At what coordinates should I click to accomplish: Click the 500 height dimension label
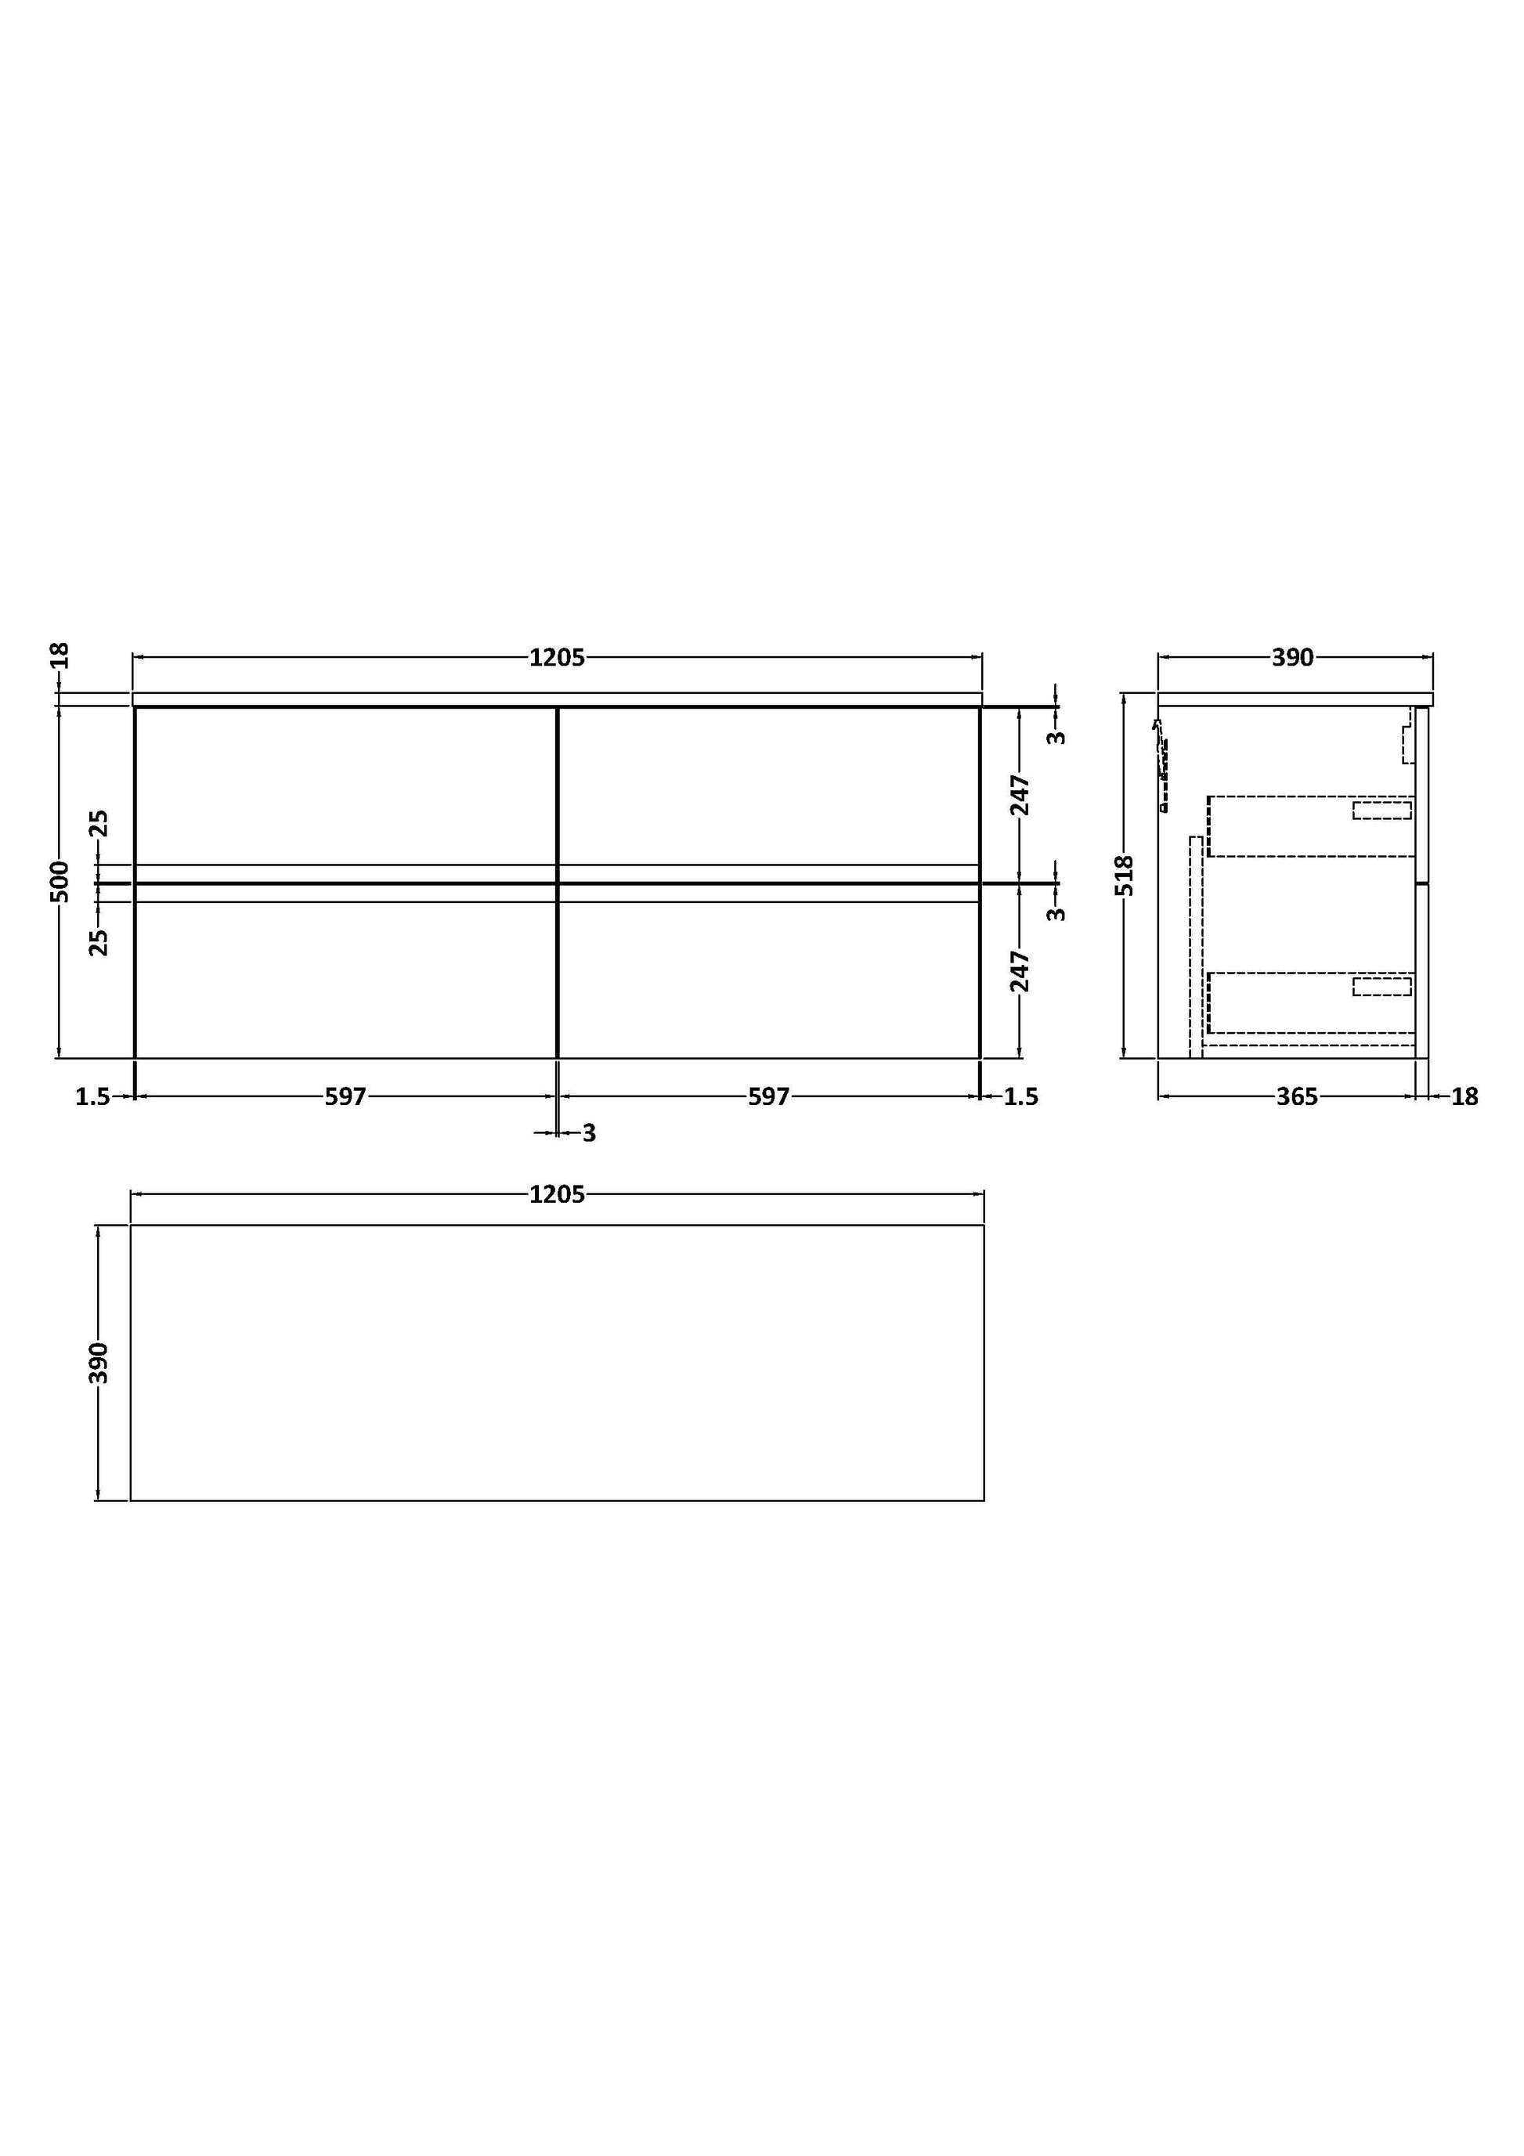coord(60,881)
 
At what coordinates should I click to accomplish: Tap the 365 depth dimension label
coord(1297,1096)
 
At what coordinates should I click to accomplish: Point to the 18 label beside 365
coord(1464,1096)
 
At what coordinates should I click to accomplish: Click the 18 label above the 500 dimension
coord(60,655)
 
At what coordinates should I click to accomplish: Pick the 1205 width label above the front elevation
coord(557,657)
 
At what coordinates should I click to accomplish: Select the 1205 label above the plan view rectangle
coord(557,1194)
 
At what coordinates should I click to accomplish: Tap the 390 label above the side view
coord(1292,657)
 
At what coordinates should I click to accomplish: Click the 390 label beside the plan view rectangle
coord(99,1363)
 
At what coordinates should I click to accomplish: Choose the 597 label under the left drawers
coord(345,1096)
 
